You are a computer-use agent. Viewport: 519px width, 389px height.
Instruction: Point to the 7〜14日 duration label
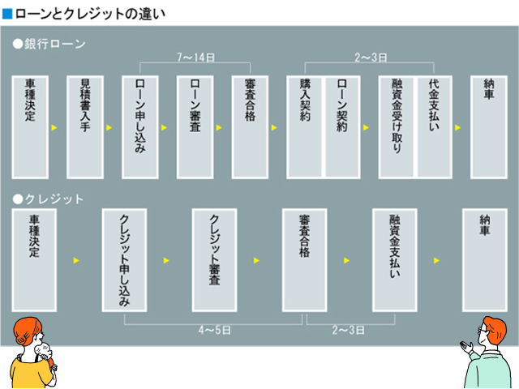click(195, 58)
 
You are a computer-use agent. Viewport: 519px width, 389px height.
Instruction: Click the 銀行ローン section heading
click(49, 42)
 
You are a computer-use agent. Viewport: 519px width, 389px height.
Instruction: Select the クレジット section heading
click(49, 199)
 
